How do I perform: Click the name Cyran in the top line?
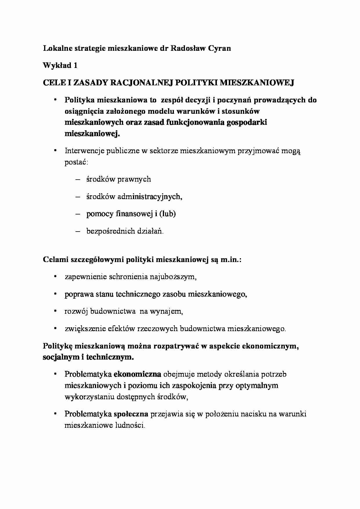(219, 48)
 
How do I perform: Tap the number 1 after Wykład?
(75, 66)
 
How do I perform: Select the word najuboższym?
(173, 277)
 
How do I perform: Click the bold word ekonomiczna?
(137, 374)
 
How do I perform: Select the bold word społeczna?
(131, 414)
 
